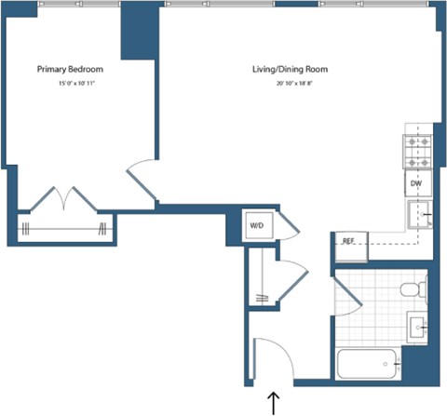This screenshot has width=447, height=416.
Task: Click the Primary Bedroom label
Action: (x=70, y=70)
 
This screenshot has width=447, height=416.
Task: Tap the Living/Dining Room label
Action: (x=290, y=70)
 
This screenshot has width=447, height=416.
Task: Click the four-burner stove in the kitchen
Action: (x=415, y=152)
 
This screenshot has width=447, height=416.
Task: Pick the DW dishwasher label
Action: (x=416, y=184)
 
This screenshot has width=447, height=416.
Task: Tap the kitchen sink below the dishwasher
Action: (x=418, y=216)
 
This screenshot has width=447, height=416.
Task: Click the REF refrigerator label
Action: (x=349, y=242)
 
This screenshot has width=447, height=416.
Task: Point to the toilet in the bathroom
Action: (x=413, y=291)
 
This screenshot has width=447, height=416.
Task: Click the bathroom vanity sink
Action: (x=416, y=327)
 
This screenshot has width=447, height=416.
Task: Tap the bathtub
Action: (x=367, y=363)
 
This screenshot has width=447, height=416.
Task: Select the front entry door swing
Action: (x=270, y=356)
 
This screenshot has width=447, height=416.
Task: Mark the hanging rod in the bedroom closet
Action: (x=61, y=229)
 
